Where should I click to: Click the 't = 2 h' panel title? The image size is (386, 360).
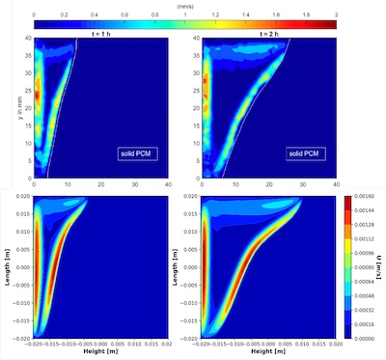[267, 32]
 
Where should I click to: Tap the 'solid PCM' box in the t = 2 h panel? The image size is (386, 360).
[305, 152]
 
